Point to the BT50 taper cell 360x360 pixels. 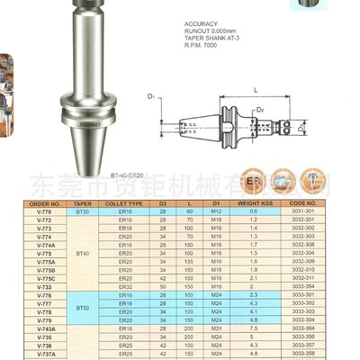83,308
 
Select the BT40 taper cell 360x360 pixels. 83,255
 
